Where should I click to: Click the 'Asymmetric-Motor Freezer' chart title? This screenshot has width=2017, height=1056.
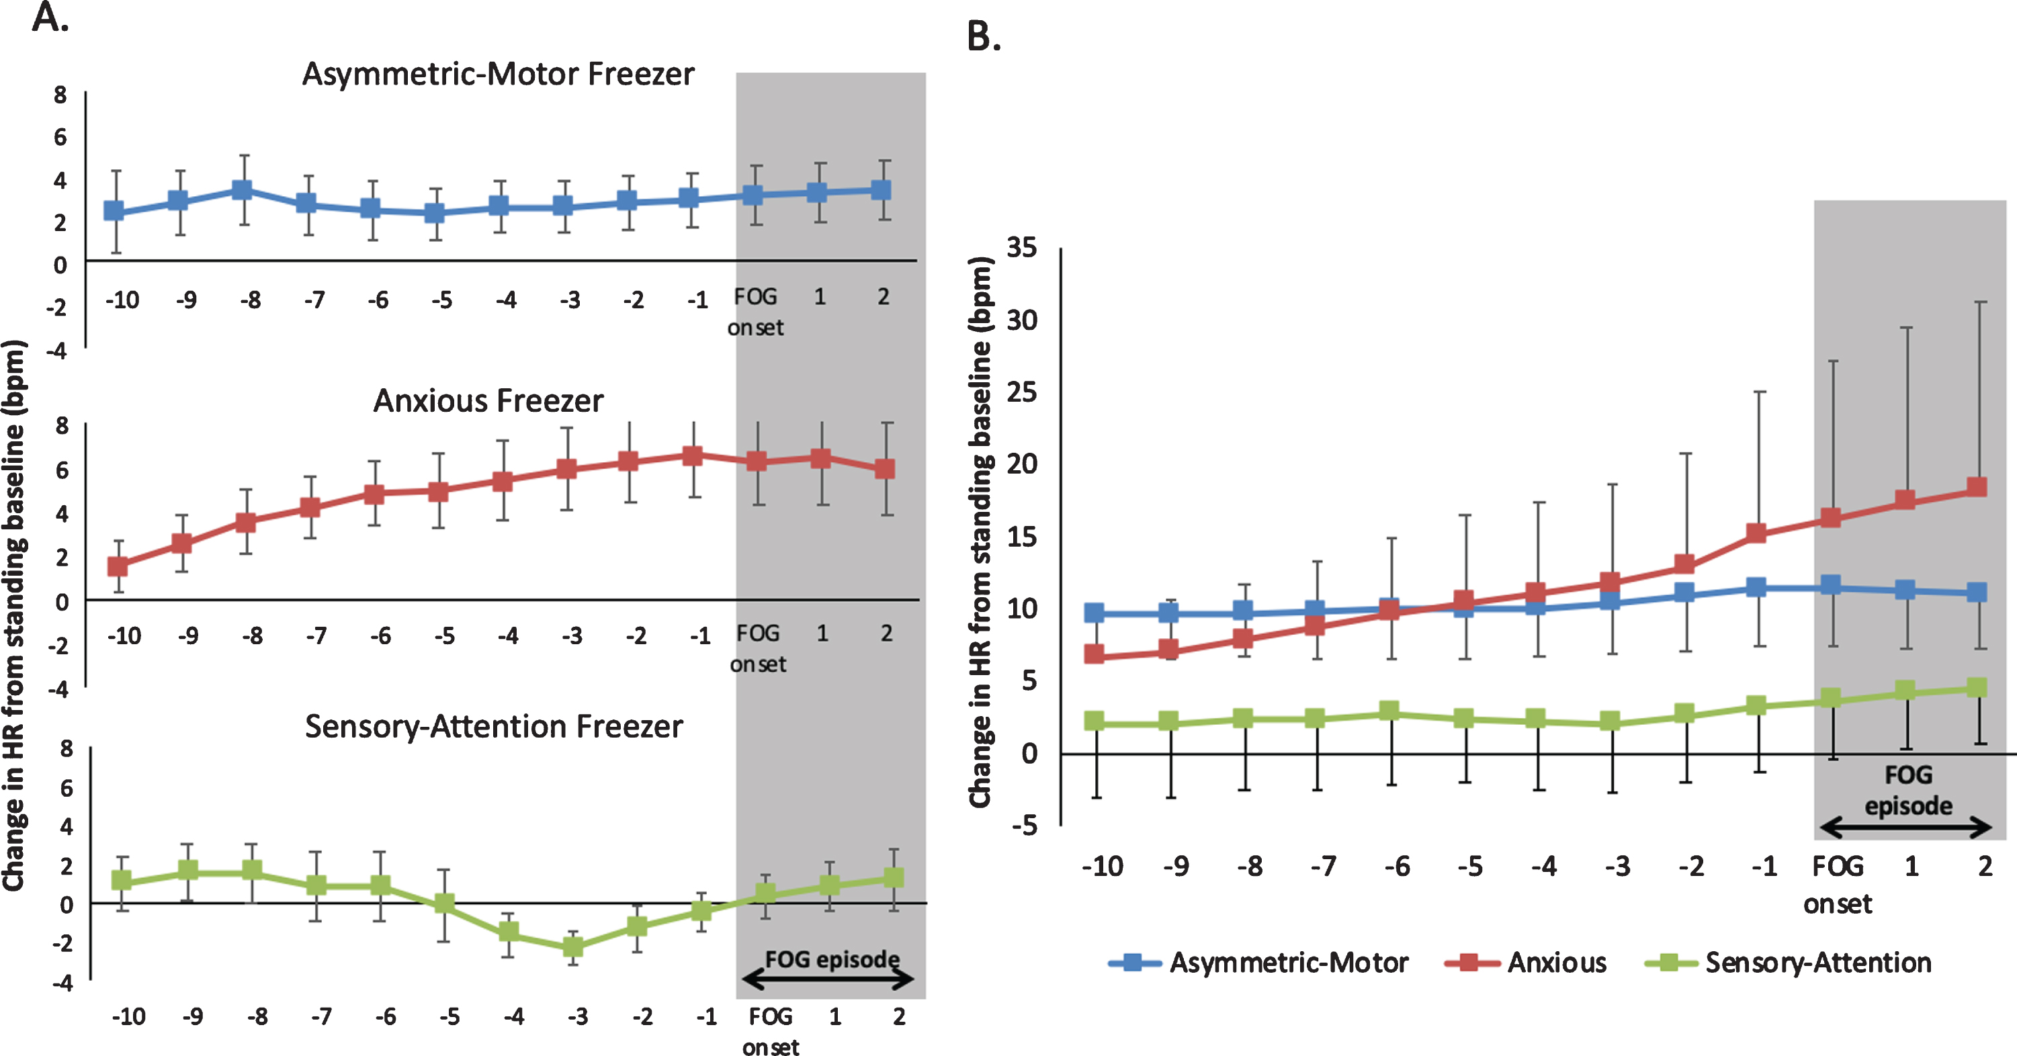tap(498, 75)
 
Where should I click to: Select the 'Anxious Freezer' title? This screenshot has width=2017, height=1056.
tap(488, 401)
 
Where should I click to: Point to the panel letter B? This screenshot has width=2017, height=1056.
tap(984, 36)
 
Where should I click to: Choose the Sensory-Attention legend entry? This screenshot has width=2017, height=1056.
tap(1788, 962)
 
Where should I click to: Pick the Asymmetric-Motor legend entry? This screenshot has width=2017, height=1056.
tap(1258, 962)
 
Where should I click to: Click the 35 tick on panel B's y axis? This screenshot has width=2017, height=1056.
tap(1022, 247)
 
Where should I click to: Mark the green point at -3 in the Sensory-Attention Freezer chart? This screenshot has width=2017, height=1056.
tap(574, 947)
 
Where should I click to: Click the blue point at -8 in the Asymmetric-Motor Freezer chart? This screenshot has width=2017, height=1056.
tap(243, 190)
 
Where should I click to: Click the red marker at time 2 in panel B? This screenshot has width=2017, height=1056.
tap(1977, 487)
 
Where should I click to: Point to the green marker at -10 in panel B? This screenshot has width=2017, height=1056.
tap(1095, 721)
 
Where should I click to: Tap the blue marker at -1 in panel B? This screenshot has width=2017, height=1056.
tap(1756, 587)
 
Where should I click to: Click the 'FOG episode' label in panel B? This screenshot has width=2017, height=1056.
tap(1908, 791)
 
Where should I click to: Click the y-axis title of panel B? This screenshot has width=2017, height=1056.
tap(981, 532)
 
